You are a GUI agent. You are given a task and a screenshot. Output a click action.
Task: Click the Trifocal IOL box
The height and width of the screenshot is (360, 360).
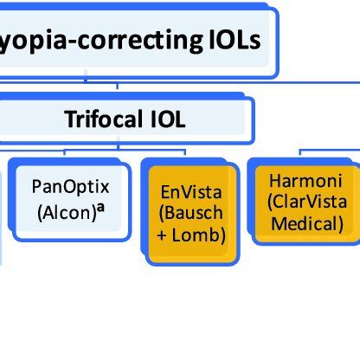tap(125, 119)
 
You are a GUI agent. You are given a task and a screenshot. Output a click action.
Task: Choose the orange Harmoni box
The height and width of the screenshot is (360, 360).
tap(305, 203)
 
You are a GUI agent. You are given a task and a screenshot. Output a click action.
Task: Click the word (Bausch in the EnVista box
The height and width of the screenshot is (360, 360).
tap(186, 213)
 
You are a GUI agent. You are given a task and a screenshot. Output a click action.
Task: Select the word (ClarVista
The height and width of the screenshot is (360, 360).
tap(306, 203)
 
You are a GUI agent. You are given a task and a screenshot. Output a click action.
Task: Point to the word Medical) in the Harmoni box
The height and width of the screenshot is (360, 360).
tap(306, 224)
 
